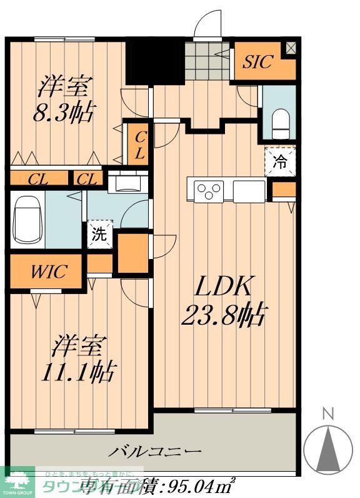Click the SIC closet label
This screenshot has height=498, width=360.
(257, 63)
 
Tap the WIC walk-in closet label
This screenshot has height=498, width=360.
(47, 273)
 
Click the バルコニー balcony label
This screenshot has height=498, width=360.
(156, 451)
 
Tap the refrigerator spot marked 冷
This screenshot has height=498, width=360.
(281, 162)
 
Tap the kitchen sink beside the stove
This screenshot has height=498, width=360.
(249, 189)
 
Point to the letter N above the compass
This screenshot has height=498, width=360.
(327, 414)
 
